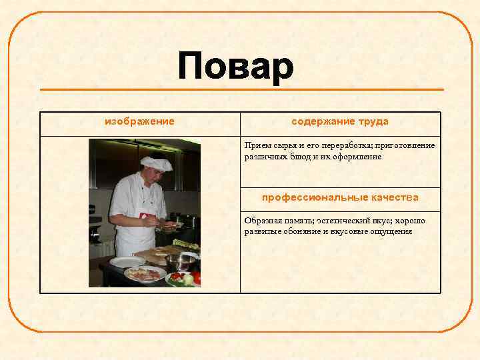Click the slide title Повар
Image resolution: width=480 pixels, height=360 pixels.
(235, 67)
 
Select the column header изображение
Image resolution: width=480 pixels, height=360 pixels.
(139, 122)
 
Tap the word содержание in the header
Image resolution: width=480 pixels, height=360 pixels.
(322, 122)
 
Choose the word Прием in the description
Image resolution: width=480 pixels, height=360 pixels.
(256, 145)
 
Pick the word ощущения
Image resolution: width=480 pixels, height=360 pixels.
(391, 232)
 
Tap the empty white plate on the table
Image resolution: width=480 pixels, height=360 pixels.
(126, 262)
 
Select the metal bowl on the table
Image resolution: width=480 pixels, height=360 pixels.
(180, 261)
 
